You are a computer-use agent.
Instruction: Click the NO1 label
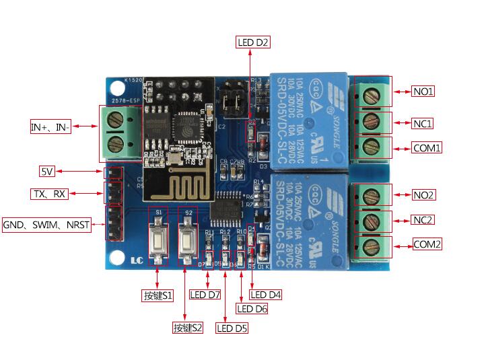423,91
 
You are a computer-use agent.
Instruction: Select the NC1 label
423,123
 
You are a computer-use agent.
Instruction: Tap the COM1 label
427,147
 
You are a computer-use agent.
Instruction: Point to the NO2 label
423,195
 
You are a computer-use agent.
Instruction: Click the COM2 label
427,244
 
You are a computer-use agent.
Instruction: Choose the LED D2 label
253,42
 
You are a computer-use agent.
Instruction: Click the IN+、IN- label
50,127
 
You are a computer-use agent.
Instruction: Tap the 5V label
48,171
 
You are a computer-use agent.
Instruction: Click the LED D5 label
232,328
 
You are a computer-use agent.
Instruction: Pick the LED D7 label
205,295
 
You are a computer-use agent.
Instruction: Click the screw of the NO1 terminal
370,96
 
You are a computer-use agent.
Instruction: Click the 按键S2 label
187,328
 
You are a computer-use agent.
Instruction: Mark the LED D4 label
266,295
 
